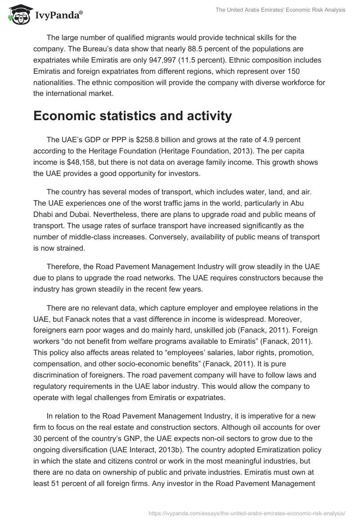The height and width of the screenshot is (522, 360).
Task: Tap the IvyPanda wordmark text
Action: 58,15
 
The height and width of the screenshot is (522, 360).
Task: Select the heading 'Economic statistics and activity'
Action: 133,116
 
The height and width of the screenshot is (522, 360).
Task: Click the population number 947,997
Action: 218,60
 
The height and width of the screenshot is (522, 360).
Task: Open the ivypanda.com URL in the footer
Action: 247,513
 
